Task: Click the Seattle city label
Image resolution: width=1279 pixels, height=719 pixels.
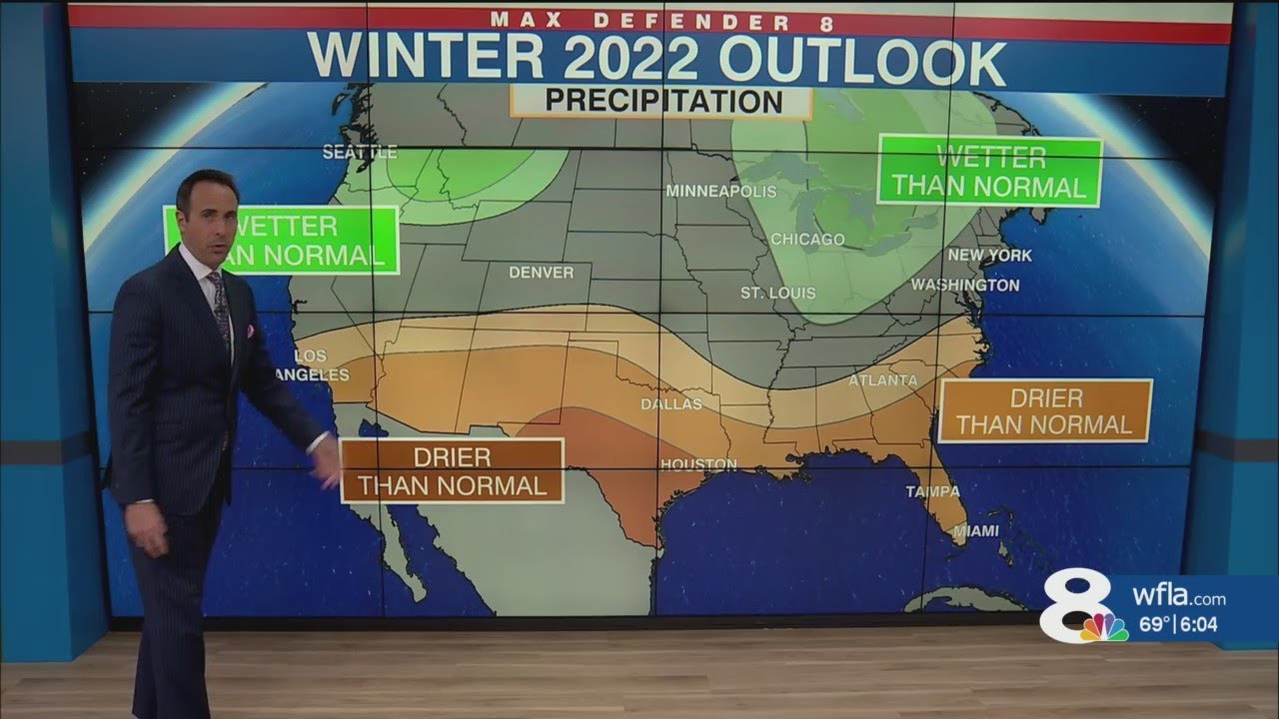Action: (360, 152)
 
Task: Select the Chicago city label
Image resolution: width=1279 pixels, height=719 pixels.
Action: (807, 240)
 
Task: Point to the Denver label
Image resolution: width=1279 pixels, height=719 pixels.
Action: (541, 272)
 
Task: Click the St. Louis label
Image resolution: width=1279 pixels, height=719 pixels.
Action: (777, 293)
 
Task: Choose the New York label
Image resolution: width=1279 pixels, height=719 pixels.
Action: (989, 256)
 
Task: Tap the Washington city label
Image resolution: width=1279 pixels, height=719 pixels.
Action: (964, 285)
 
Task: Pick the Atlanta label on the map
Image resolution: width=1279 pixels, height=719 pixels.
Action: (882, 380)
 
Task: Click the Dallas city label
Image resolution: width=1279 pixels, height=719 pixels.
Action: (671, 404)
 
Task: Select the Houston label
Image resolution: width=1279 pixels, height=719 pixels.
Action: (698, 464)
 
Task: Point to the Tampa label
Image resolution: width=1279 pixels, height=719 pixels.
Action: (932, 491)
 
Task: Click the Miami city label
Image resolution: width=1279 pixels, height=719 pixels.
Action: (974, 532)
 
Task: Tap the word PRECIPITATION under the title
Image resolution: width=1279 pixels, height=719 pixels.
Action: (663, 102)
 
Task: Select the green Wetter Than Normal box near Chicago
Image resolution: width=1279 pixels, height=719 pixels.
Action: (989, 172)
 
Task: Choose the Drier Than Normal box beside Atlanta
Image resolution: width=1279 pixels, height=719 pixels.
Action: (1045, 410)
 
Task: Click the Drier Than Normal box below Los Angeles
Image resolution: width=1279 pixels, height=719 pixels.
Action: (452, 471)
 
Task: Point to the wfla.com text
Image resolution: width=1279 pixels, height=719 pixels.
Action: (1179, 599)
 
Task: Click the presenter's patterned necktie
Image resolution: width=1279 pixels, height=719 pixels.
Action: (221, 311)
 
